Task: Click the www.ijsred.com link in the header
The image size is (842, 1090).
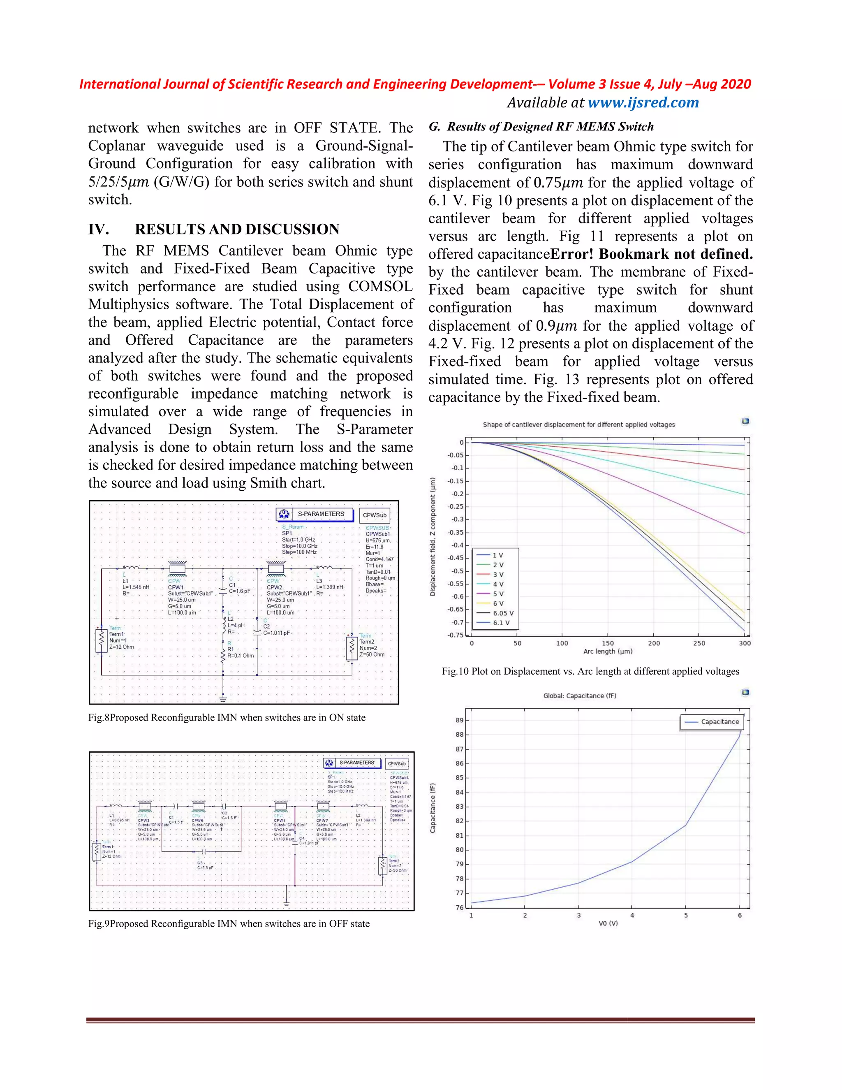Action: [x=643, y=103]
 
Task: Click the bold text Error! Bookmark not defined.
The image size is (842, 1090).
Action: [x=651, y=254]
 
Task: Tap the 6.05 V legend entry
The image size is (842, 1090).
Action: [x=502, y=613]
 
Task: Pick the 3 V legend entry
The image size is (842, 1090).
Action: [x=497, y=575]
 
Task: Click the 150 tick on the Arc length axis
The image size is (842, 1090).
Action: [x=608, y=643]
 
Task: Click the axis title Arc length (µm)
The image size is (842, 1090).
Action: [x=608, y=651]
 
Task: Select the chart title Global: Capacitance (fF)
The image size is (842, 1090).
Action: [x=580, y=696]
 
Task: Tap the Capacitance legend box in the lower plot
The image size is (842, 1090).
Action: [x=712, y=722]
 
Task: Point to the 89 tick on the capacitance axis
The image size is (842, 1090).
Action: [x=459, y=720]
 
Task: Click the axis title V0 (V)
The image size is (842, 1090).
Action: [x=608, y=923]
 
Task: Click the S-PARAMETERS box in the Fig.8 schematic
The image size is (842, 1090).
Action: [x=315, y=514]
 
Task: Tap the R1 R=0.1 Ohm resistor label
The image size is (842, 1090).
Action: [x=240, y=652]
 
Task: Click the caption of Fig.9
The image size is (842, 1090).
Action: [x=229, y=924]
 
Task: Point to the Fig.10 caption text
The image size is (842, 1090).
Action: [x=590, y=671]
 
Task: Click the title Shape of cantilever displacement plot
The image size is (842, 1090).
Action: [x=578, y=425]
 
